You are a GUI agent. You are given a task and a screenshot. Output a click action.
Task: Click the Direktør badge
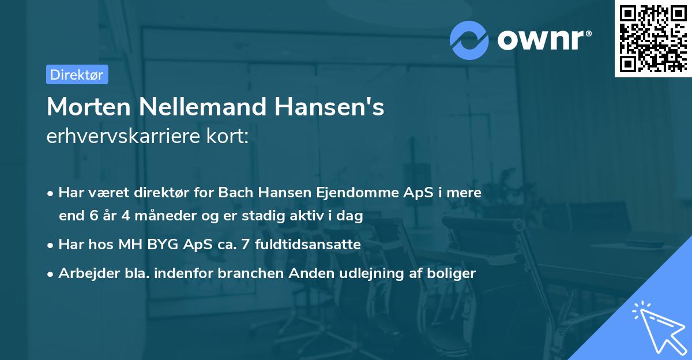click(x=76, y=74)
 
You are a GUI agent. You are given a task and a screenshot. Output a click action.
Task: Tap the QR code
click(x=652, y=38)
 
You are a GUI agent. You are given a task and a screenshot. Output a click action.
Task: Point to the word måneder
click(x=155, y=216)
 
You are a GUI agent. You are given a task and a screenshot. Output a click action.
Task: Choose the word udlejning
click(x=385, y=273)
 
